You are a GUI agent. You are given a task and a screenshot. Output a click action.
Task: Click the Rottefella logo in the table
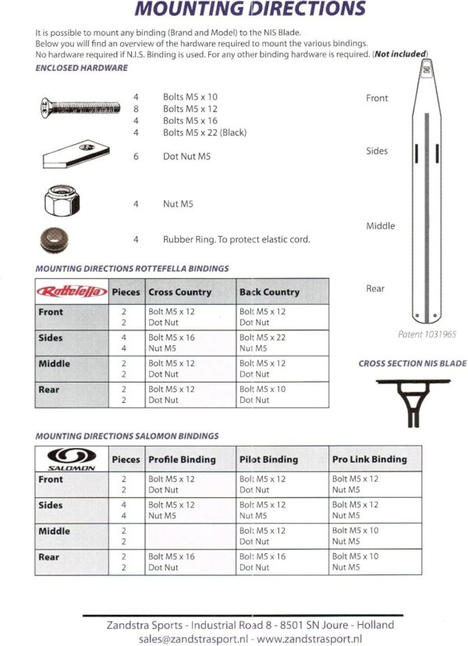pos(72,291)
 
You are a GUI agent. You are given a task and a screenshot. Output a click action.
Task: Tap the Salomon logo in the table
pos(72,457)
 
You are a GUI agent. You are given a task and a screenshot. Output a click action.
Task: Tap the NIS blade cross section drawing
pos(411,397)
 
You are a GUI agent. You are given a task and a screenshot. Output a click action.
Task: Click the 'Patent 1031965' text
pos(427,334)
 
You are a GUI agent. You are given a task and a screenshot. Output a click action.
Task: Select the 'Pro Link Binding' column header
pos(370,460)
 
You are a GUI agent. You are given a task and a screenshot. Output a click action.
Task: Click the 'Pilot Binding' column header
pos(268,460)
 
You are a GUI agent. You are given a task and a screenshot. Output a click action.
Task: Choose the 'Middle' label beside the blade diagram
pos(381,226)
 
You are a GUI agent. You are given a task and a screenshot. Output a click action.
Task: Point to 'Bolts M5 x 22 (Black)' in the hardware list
pos(204,132)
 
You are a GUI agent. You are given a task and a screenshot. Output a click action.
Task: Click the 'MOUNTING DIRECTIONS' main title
pos(250,9)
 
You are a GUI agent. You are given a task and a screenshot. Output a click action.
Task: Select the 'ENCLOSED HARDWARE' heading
pos(82,69)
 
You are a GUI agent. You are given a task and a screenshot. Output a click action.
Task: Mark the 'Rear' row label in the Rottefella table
pos(50,390)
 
